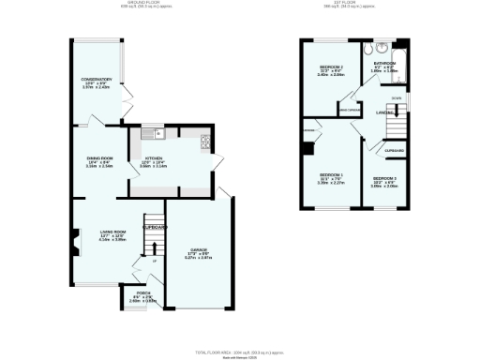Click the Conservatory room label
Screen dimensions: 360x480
97,79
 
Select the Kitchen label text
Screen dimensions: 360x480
155,158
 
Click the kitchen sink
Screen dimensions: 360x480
157,133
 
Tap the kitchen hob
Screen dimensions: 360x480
205,143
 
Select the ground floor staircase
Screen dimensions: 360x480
148,247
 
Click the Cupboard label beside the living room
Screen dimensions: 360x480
155,227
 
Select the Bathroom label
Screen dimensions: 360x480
385,64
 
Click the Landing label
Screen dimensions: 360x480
384,112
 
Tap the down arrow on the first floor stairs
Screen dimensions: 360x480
397,97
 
